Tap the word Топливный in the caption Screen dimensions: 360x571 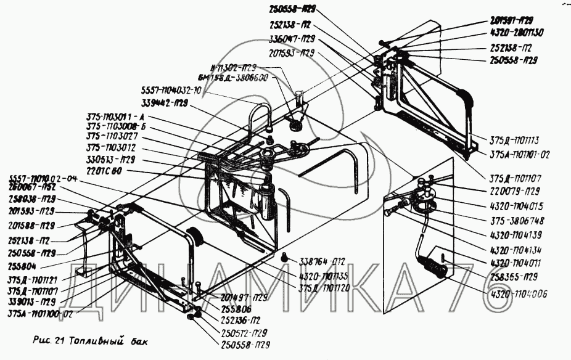97,340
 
